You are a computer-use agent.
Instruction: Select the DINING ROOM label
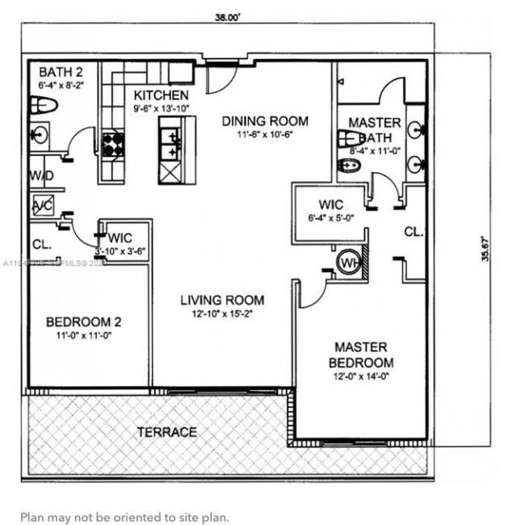(257, 120)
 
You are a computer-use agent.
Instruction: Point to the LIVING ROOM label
(221, 300)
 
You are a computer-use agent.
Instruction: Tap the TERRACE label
(166, 432)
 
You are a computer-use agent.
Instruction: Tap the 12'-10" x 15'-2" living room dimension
(221, 313)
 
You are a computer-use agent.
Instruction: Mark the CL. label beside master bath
(413, 231)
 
